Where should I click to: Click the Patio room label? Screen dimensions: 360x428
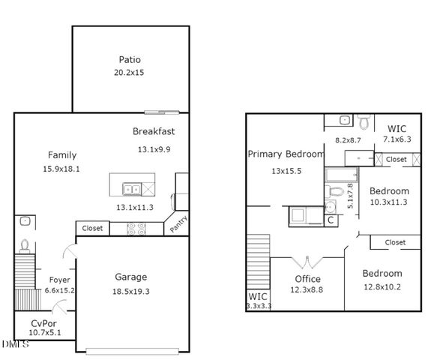130,60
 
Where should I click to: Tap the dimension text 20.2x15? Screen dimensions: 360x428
130,73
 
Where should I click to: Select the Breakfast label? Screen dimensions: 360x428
154,131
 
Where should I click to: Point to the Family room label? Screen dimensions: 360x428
61,155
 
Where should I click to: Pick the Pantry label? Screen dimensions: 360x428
177,223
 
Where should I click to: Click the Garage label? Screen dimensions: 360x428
130,277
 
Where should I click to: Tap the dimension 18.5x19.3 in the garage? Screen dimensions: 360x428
130,291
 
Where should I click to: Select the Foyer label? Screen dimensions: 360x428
60,280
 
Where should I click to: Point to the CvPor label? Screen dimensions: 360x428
45,323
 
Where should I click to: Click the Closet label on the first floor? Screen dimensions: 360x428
92,228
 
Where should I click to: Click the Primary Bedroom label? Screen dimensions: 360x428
286,154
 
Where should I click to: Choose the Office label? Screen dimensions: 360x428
307,280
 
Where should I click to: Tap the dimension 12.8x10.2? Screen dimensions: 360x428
382,286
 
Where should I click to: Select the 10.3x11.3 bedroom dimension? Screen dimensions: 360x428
389,202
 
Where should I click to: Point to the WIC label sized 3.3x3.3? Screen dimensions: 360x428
258,297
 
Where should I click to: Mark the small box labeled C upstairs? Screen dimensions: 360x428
330,220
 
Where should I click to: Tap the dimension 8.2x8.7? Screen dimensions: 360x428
348,140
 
